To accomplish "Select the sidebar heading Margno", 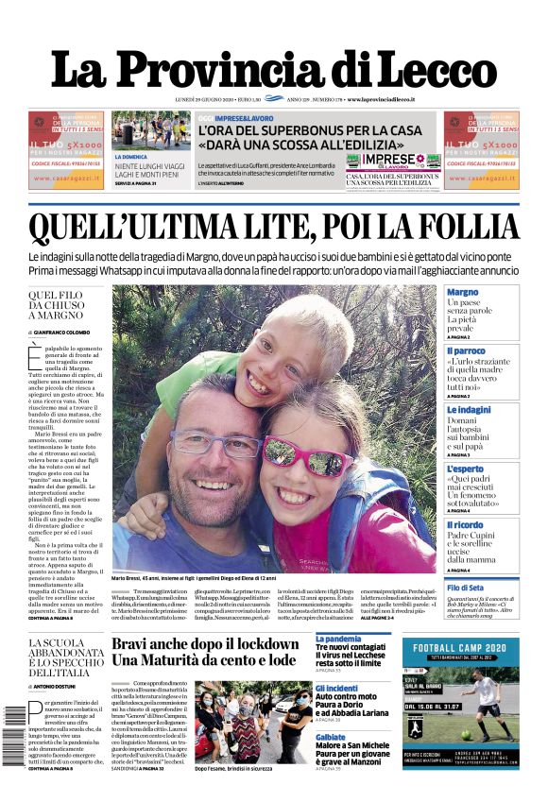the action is (463, 293).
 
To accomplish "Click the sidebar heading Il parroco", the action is (466, 350).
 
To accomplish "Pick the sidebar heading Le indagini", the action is (469, 409).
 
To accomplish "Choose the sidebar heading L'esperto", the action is (465, 469).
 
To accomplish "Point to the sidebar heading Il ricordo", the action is (465, 525).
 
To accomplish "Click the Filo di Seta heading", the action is (465, 588).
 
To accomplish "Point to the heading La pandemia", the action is (338, 640).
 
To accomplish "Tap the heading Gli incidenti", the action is (336, 689).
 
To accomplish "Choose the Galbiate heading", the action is (331, 737).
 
